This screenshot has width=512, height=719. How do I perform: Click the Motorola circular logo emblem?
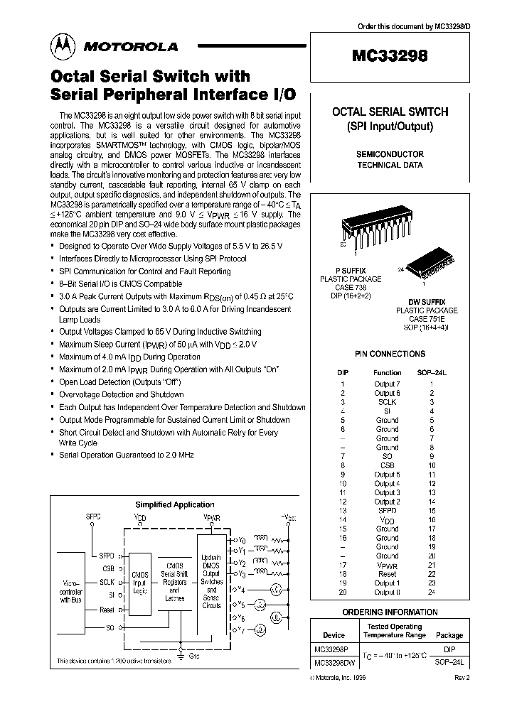tap(62, 46)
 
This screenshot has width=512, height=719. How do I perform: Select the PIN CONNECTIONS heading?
tap(389, 353)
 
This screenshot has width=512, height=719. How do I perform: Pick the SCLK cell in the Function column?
tap(387, 402)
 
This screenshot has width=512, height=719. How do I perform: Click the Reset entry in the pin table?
tap(387, 574)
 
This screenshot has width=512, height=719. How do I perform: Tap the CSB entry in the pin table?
tap(387, 465)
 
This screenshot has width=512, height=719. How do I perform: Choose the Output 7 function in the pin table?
tap(387, 384)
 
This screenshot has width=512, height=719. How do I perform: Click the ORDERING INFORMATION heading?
tap(390, 612)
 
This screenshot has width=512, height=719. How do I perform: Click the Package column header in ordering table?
tap(449, 635)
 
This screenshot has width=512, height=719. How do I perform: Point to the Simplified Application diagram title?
tap(164, 504)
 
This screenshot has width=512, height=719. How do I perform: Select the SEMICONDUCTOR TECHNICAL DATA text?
tap(389, 159)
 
